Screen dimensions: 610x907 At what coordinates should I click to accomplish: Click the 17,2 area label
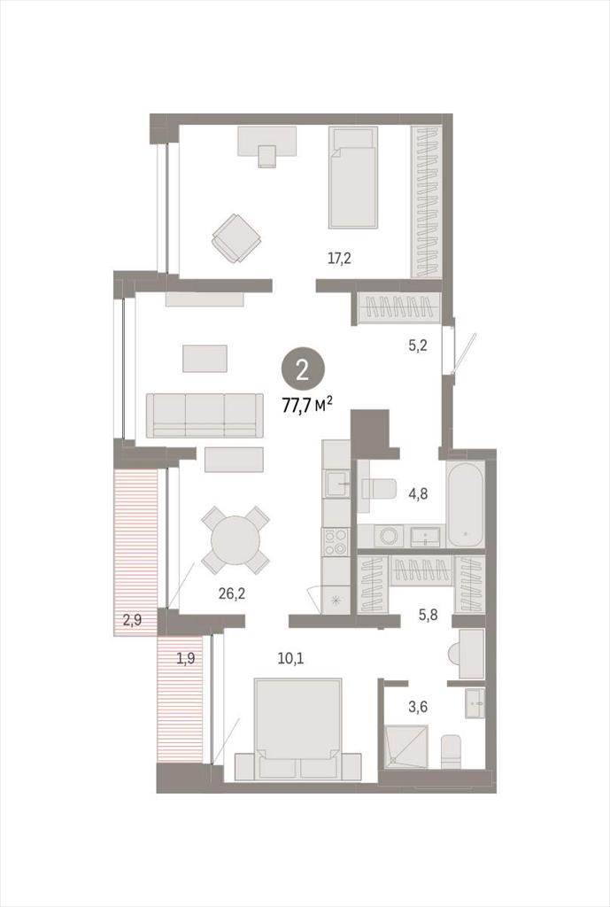click(339, 259)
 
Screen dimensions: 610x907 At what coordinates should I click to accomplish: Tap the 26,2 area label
click(232, 593)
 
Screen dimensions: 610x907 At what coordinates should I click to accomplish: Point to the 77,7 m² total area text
click(306, 404)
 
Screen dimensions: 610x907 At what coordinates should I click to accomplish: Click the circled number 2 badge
click(303, 371)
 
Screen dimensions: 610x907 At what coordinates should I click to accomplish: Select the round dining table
click(236, 540)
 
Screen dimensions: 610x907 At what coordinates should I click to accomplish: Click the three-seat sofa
click(205, 415)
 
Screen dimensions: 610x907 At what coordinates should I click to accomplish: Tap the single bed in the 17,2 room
click(353, 177)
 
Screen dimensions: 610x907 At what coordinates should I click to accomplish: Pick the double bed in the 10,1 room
click(297, 729)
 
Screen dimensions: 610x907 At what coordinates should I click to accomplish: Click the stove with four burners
click(336, 541)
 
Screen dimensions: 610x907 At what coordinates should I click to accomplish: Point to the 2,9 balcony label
click(133, 621)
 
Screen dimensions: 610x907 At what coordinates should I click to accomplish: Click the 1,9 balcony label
click(185, 658)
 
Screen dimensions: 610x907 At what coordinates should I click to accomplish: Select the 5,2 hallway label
click(418, 346)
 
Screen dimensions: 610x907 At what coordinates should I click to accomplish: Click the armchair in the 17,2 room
click(237, 238)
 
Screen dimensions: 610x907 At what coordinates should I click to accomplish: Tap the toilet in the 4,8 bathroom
click(379, 489)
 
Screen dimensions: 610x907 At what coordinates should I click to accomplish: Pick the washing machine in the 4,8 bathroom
click(390, 536)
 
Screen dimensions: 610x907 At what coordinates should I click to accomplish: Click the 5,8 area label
click(428, 615)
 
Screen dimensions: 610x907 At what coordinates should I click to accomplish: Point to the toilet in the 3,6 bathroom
click(451, 751)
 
